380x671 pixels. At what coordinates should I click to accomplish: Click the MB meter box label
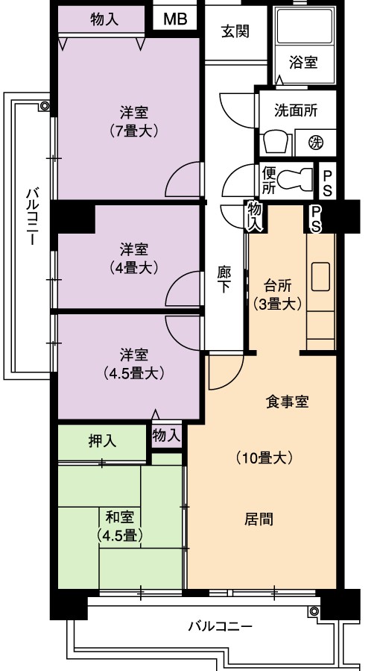[x=175, y=19]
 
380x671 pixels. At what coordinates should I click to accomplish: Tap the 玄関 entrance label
[x=235, y=31]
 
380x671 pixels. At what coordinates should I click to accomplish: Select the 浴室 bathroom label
[x=303, y=63]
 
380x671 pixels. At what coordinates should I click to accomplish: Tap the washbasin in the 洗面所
[x=276, y=142]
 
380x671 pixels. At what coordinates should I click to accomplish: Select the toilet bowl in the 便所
[x=295, y=178]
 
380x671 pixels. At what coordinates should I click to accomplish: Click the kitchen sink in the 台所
[x=320, y=276]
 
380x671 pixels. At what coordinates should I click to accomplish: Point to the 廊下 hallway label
[x=224, y=279]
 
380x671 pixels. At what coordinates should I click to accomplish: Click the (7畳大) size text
[x=134, y=130]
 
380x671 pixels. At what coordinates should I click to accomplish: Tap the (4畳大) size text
[x=134, y=268]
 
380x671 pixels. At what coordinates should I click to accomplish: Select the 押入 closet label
[x=102, y=441]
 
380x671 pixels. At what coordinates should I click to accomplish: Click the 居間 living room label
[x=259, y=519]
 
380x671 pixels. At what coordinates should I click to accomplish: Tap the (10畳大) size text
[x=265, y=458]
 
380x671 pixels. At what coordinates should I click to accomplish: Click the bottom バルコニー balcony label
[x=221, y=627]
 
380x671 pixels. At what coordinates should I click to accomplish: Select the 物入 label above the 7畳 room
[x=104, y=19]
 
